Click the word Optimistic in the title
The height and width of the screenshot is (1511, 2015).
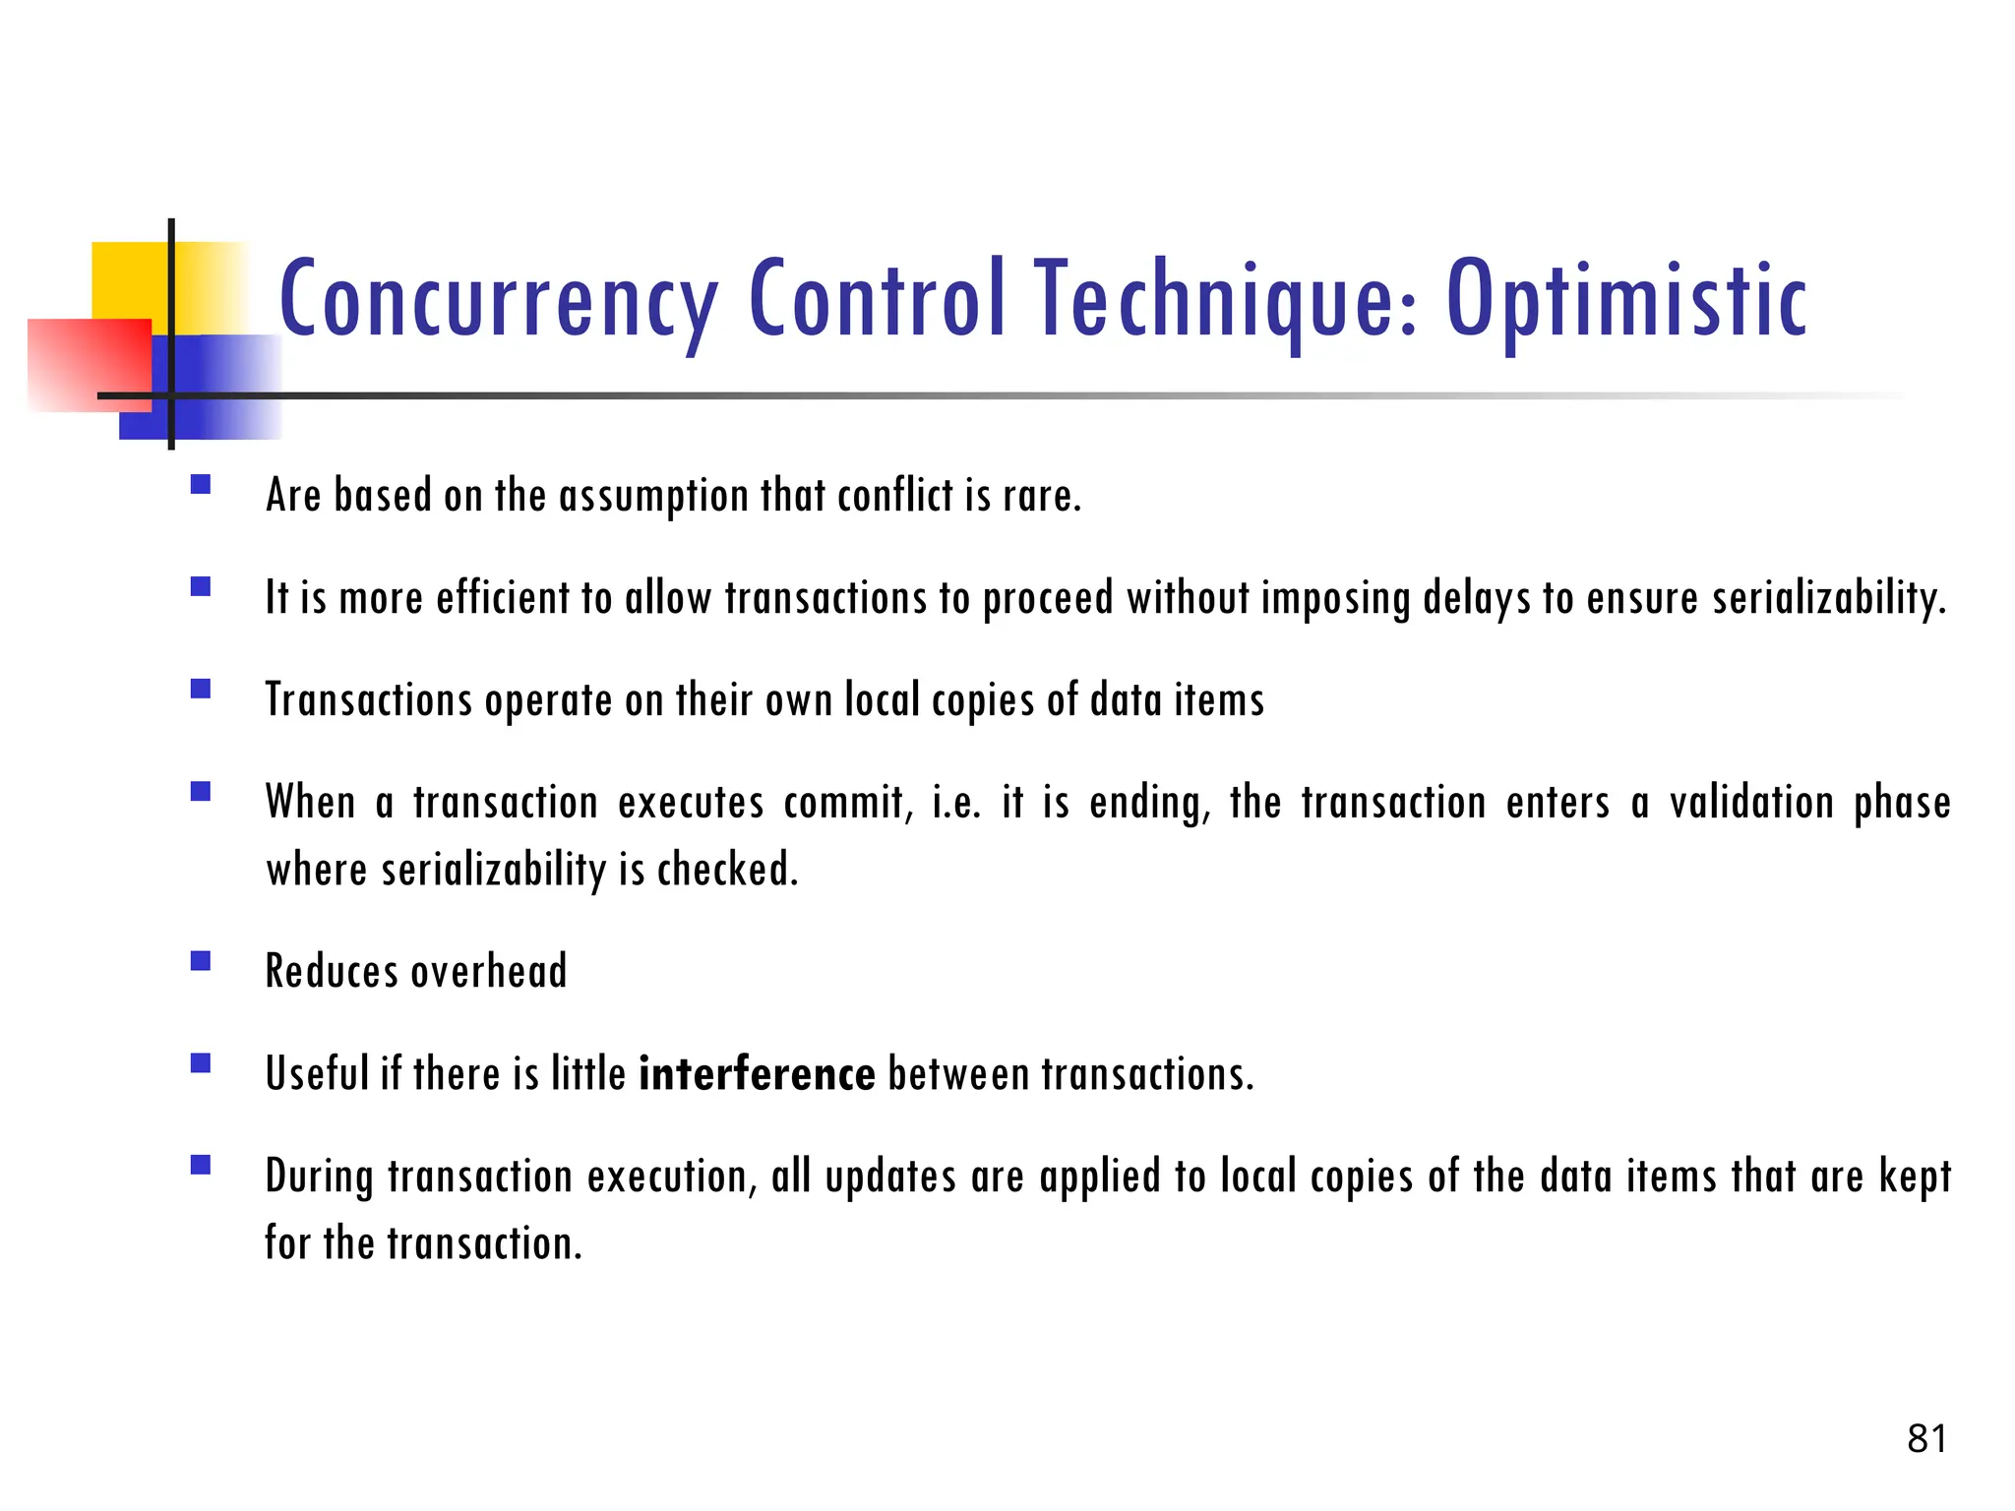pos(1625,299)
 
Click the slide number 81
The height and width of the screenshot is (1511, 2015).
pos(1926,1439)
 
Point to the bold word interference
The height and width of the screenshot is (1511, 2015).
pos(757,1073)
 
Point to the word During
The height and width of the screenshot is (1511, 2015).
pos(320,1177)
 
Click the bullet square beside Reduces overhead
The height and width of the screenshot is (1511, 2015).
pos(201,961)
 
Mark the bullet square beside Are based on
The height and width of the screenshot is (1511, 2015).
pos(201,484)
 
